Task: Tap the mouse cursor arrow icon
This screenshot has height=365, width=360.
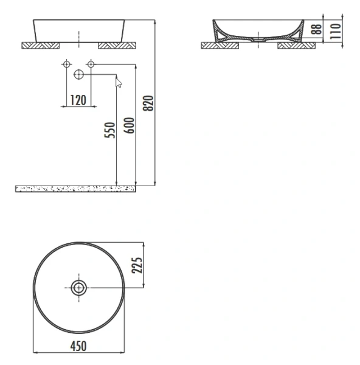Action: click(x=119, y=82)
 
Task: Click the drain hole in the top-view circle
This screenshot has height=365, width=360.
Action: click(x=79, y=287)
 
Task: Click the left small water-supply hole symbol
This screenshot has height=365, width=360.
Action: click(x=66, y=64)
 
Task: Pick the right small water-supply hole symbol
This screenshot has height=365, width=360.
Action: click(x=91, y=64)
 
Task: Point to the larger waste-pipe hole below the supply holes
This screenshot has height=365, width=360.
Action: click(x=78, y=75)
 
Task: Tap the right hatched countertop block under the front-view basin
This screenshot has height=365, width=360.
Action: click(x=117, y=45)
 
